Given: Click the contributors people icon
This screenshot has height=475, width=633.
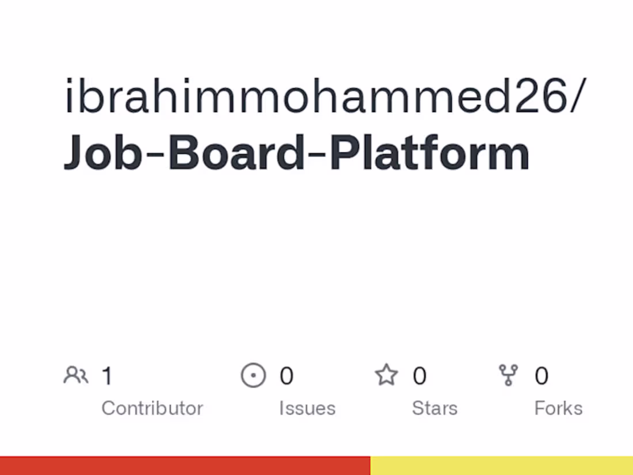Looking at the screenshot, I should coord(75,376).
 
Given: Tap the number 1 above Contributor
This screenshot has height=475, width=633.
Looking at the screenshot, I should coord(107,376).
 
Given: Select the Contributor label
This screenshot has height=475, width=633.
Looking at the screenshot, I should coord(152,408).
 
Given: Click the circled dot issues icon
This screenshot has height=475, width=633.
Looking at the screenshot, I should coord(253,376).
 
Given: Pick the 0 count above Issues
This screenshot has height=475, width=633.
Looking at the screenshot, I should coord(287,376).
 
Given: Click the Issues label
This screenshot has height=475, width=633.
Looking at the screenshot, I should coord(307,408).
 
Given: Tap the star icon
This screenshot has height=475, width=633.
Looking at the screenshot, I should coord(386,376).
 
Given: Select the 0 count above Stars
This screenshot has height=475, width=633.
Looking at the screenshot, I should coord(420,376).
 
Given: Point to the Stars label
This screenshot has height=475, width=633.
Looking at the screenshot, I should coord(435,408).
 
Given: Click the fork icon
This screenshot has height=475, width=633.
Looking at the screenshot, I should coord(509,376).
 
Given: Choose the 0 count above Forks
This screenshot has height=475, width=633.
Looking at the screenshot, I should coord(542,376).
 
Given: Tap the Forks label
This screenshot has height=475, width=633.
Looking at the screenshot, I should coord(558,408).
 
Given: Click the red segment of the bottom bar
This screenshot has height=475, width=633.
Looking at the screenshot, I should coord(184,466).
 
